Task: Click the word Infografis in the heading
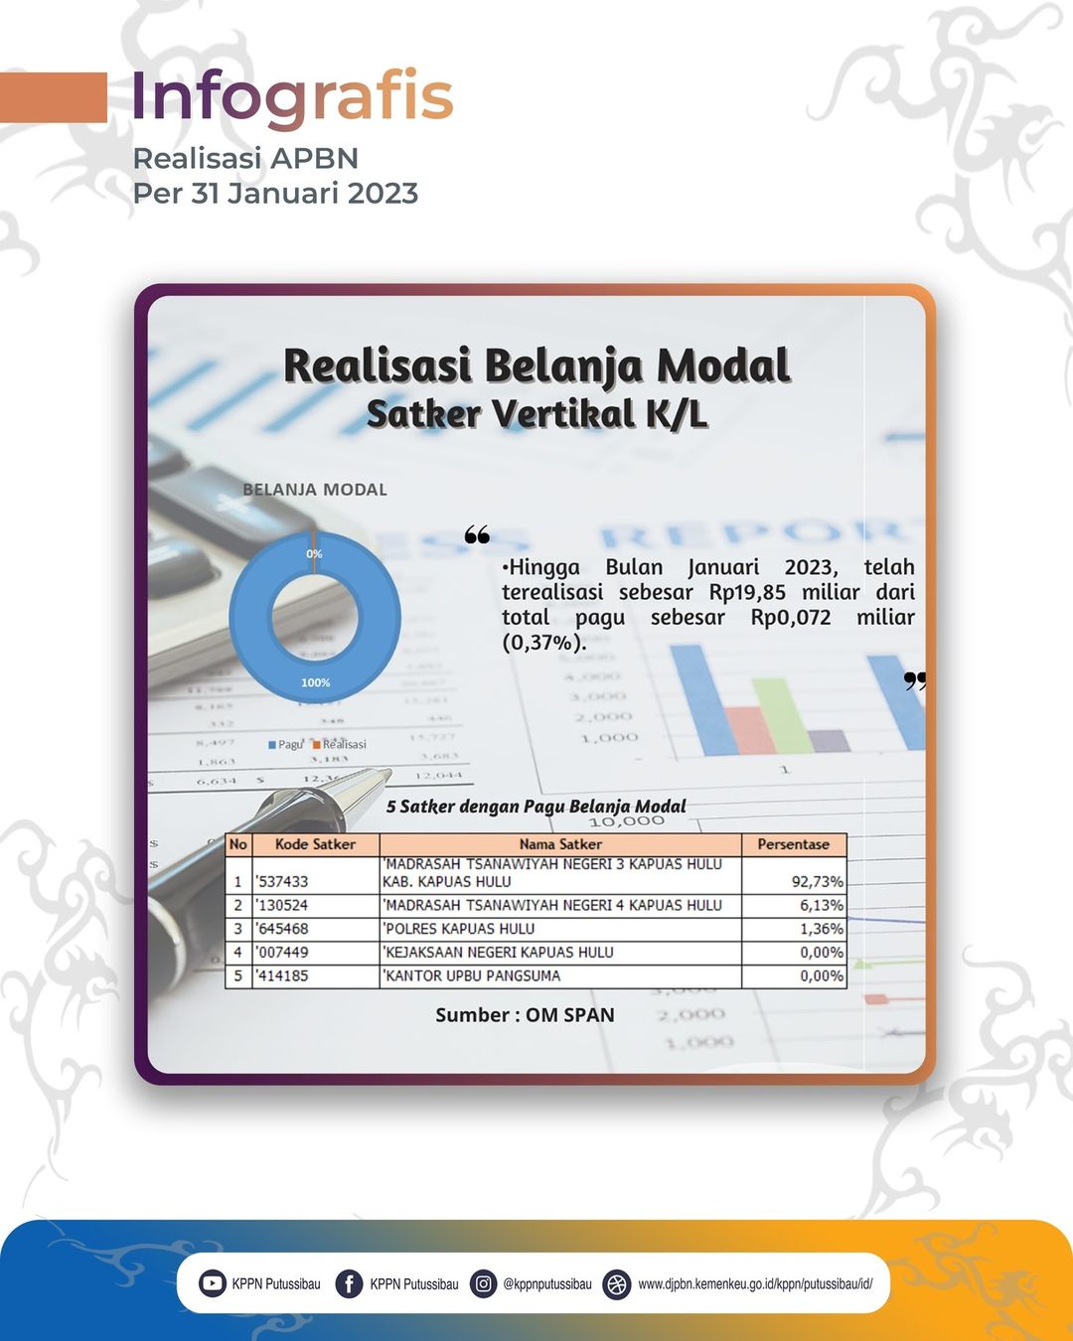point(292,97)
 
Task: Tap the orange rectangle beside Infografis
point(54,97)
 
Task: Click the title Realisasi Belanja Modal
point(536,366)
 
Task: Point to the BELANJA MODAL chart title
point(315,489)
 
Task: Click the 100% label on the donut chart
point(316,682)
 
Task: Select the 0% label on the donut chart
point(314,553)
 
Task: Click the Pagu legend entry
point(285,744)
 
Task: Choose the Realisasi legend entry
point(340,744)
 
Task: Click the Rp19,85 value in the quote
point(747,592)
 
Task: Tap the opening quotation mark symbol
point(477,534)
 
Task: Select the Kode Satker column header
point(316,844)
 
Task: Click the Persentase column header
point(793,844)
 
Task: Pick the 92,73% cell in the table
point(818,882)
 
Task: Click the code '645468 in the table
point(282,929)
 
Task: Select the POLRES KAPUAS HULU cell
point(459,929)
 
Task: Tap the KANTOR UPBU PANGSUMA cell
point(472,975)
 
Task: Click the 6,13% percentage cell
point(822,905)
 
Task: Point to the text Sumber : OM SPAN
point(525,1015)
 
